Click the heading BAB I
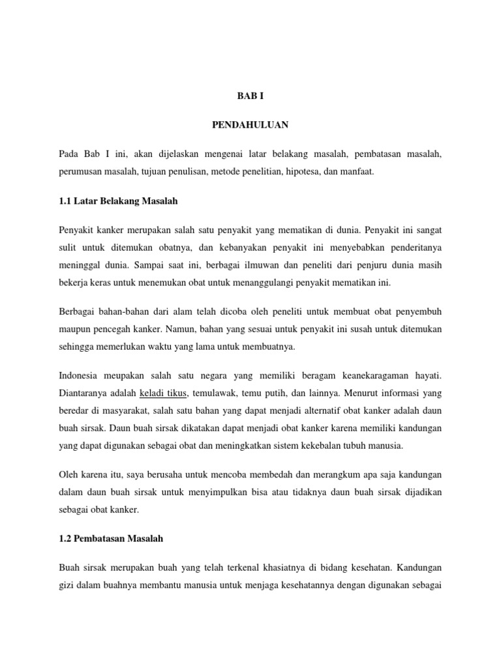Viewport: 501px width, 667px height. pos(250,95)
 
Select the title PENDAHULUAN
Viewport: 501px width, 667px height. pos(250,124)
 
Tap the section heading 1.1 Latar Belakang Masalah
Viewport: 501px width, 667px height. pos(118,201)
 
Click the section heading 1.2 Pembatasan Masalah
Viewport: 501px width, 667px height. pos(111,539)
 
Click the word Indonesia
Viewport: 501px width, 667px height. pos(80,376)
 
